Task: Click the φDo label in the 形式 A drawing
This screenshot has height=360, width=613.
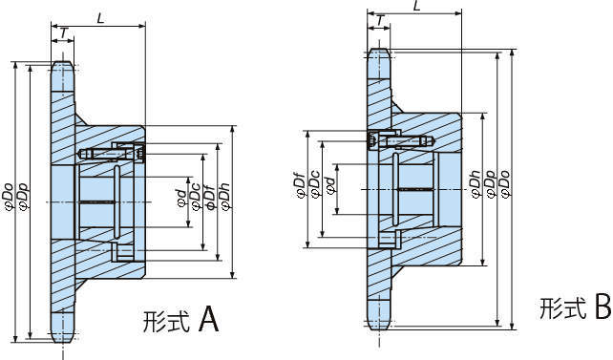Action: pyautogui.click(x=9, y=197)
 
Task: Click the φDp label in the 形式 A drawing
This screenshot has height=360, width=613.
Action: pyautogui.click(x=24, y=197)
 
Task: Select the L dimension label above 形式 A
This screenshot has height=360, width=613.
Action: pyautogui.click(x=101, y=18)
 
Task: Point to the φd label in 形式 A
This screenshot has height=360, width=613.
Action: pyautogui.click(x=181, y=199)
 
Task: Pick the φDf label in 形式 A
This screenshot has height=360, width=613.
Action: pyautogui.click(x=210, y=197)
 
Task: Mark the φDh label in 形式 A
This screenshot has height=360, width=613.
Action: pyautogui.click(x=225, y=197)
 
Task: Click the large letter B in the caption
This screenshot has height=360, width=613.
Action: pyautogui.click(x=603, y=307)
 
